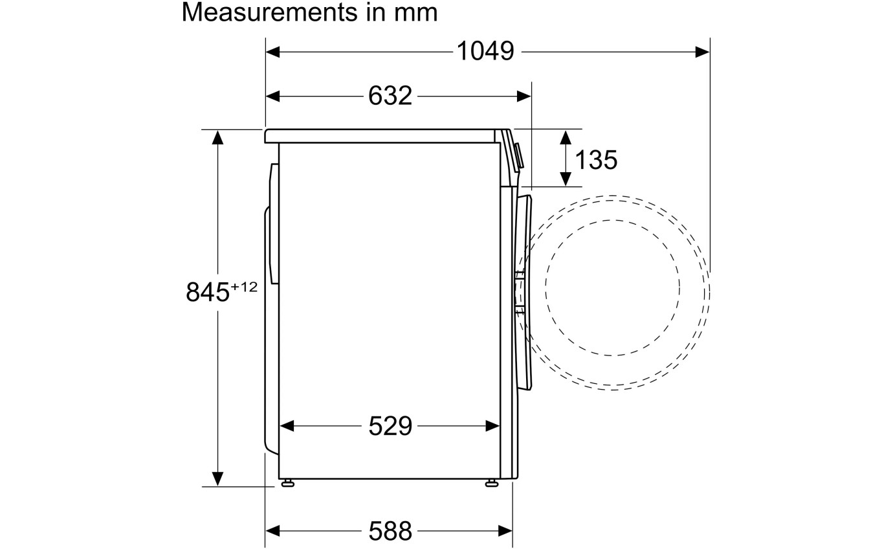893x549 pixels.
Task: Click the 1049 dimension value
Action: [x=485, y=52]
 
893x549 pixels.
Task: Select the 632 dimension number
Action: [x=390, y=96]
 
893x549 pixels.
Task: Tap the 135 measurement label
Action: [x=596, y=161]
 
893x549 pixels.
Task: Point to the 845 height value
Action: [x=208, y=292]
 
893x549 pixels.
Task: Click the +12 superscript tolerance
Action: [x=244, y=287]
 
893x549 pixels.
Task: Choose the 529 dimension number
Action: [x=390, y=427]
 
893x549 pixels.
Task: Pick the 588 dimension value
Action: [x=390, y=532]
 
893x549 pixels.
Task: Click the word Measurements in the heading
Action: [x=270, y=12]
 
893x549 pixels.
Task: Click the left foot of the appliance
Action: [x=287, y=484]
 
